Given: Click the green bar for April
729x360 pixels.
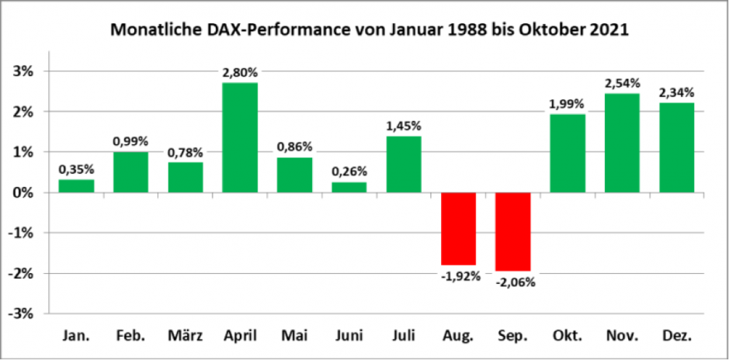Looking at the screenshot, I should tap(240, 137).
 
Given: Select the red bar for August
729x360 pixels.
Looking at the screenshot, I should tap(458, 229).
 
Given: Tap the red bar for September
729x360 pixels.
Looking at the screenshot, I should tap(512, 231).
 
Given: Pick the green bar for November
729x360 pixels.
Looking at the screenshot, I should tap(621, 143).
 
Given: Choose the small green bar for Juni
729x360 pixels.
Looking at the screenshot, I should tap(349, 187).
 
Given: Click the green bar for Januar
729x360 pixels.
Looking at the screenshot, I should tap(76, 185).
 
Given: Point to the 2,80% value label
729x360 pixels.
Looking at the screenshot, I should tap(240, 72).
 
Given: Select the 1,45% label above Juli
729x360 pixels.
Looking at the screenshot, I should tap(403, 126).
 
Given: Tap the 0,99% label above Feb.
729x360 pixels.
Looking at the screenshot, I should tap(130, 141).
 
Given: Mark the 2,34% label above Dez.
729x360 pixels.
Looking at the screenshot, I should tap(675, 92).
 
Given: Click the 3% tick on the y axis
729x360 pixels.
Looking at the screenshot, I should tap(26, 71).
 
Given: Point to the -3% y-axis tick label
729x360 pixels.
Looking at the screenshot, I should tap(23, 313).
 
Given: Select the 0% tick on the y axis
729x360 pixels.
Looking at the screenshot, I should tap(26, 192).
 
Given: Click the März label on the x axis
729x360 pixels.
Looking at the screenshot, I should tap(185, 336).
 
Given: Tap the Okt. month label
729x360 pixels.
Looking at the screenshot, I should tap(567, 336).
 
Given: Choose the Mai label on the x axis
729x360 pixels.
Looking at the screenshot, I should tap(294, 336).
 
